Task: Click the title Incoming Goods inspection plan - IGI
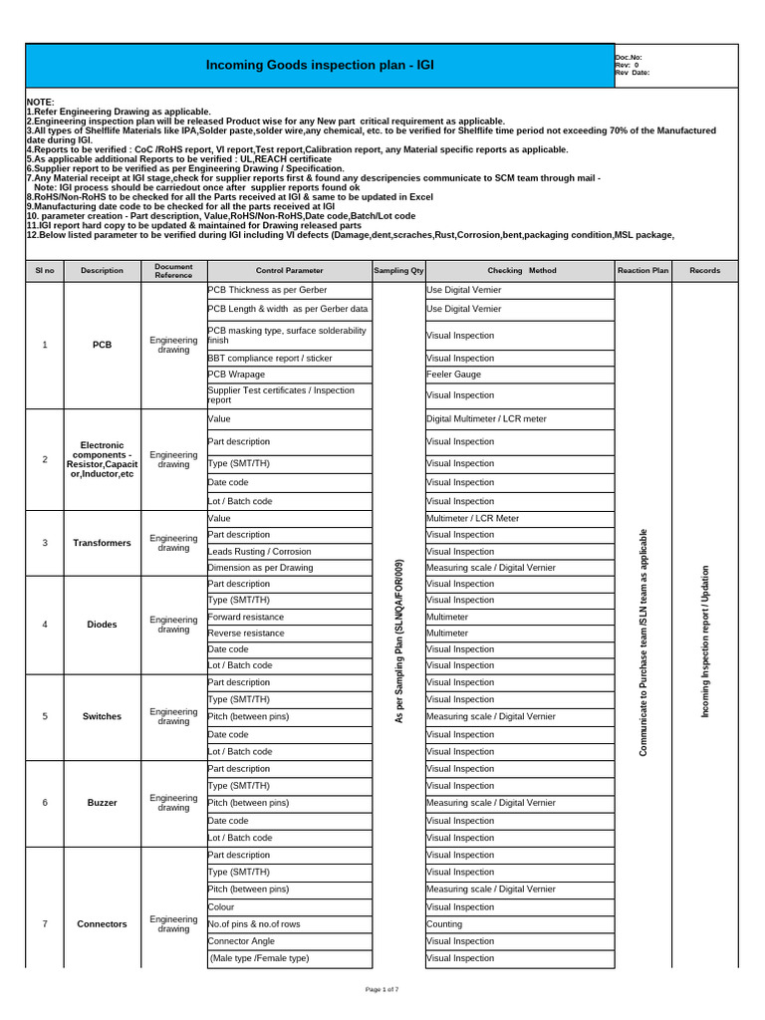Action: tap(320, 65)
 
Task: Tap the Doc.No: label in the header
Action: tap(629, 58)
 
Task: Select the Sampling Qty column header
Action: tap(398, 270)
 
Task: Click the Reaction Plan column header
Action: tap(642, 270)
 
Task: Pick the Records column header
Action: tap(704, 270)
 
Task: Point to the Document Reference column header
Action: tap(173, 270)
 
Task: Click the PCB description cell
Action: tap(103, 345)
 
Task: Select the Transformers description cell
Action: tap(103, 543)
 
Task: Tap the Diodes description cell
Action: tap(103, 625)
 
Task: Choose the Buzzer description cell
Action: tap(103, 803)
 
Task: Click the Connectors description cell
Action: tap(103, 924)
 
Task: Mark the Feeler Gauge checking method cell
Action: tap(454, 375)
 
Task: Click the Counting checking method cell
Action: tap(444, 924)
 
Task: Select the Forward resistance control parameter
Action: tap(246, 617)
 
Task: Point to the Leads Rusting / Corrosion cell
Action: tap(259, 551)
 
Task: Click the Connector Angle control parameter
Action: tap(242, 941)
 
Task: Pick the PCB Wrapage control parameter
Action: tap(236, 375)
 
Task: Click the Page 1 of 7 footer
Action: tap(382, 989)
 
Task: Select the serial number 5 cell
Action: tap(45, 717)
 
